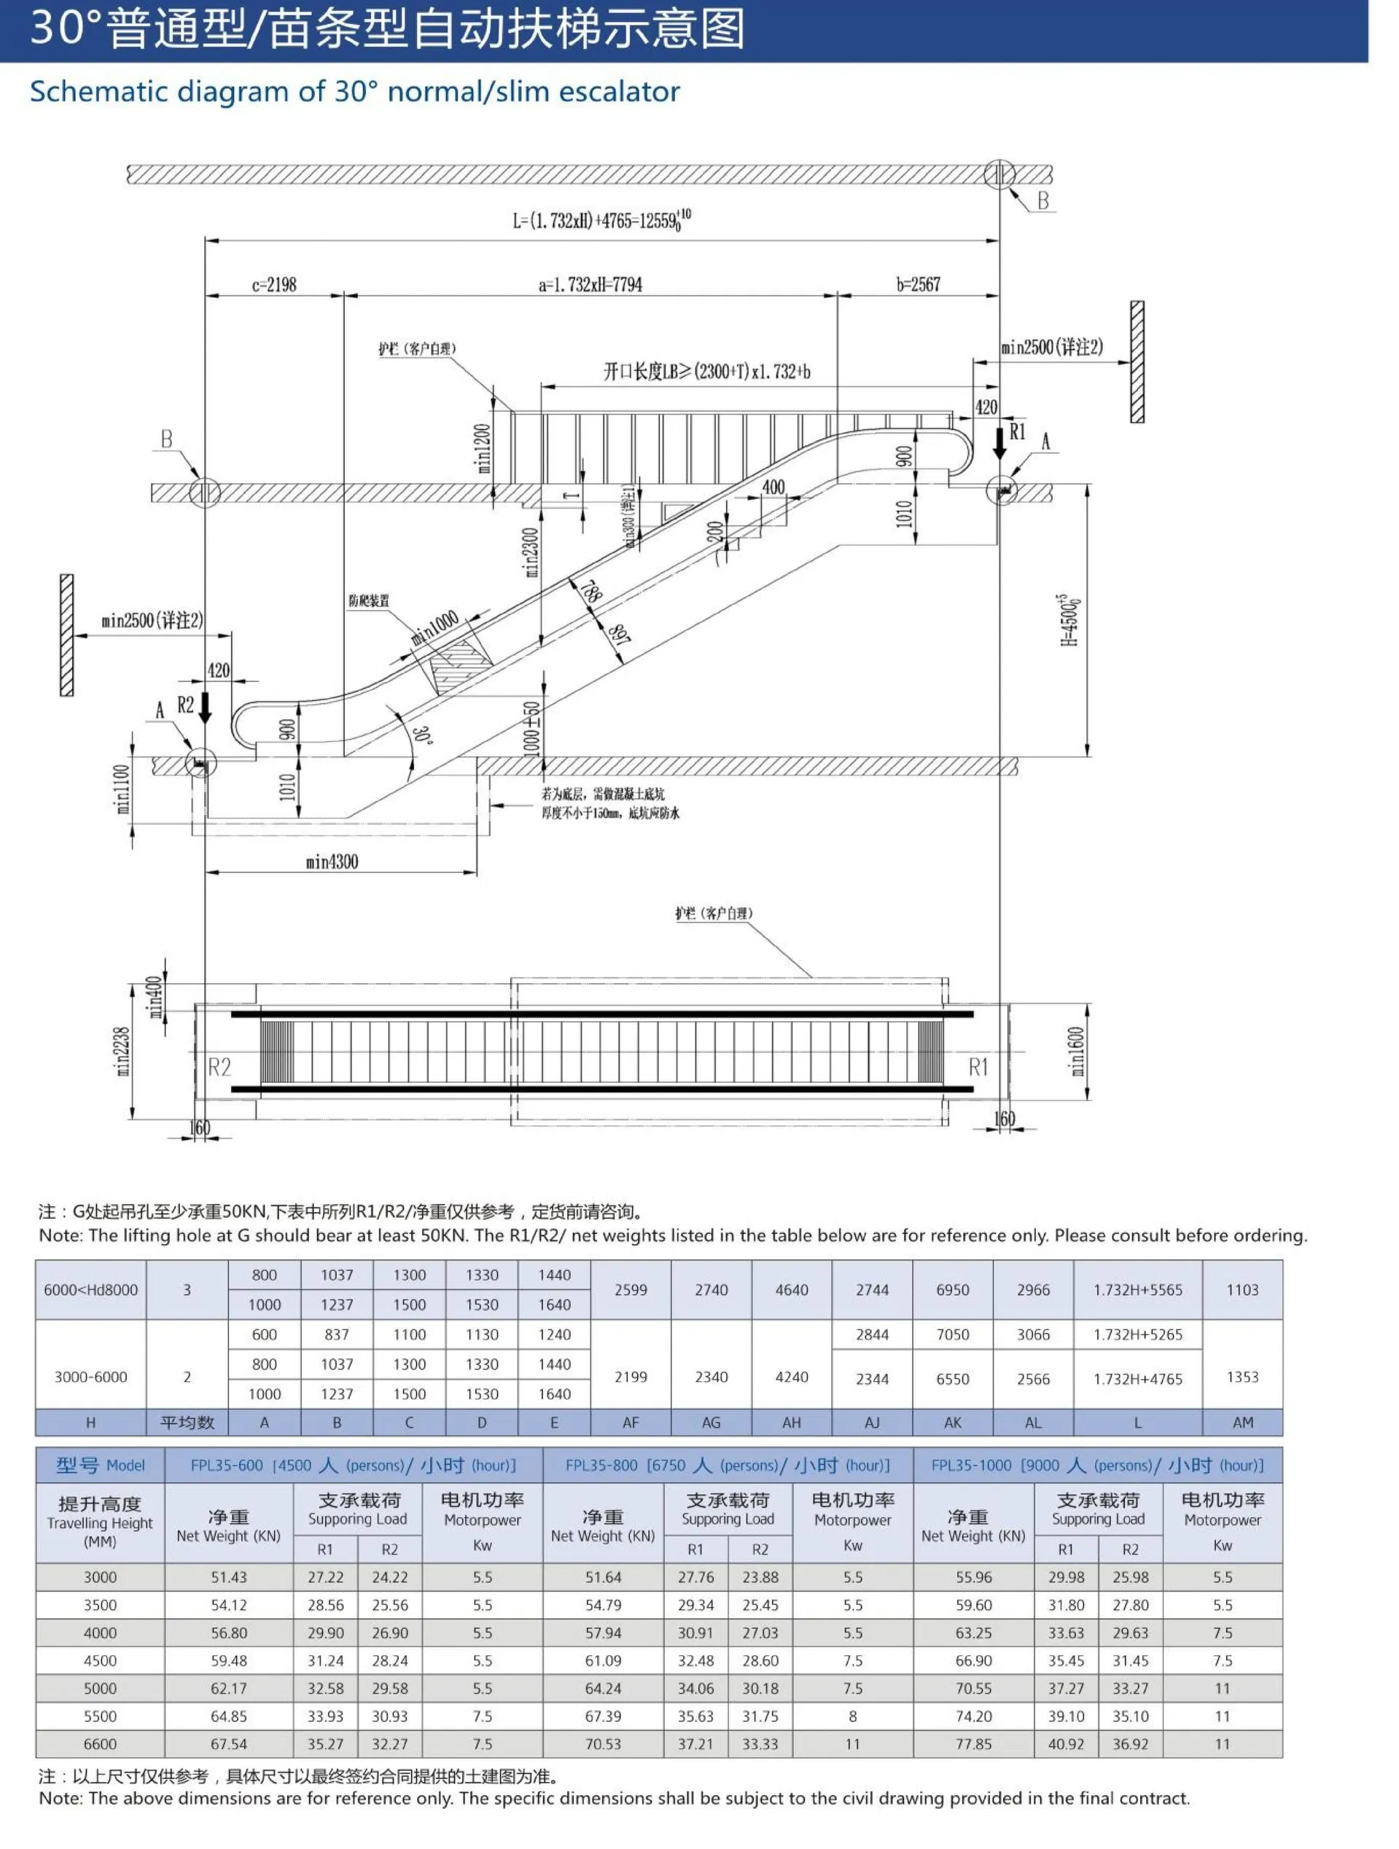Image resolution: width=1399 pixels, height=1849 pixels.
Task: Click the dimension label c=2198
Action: (274, 284)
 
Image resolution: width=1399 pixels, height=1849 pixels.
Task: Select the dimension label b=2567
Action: (918, 284)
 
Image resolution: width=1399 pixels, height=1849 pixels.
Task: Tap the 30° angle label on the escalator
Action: (422, 735)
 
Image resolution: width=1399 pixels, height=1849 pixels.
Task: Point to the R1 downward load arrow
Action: (999, 443)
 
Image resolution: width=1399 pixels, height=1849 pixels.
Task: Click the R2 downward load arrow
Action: (205, 708)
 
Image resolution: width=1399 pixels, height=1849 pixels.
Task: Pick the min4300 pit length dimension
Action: (332, 861)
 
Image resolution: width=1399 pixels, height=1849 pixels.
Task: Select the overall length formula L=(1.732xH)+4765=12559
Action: (601, 221)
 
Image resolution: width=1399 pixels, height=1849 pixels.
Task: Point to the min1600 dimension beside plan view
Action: (1077, 1051)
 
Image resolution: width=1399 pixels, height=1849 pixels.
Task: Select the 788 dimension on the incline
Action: (590, 592)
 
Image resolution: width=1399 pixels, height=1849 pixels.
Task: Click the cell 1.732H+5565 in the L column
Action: (1137, 1290)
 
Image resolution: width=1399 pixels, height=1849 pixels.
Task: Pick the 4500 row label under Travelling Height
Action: (99, 1661)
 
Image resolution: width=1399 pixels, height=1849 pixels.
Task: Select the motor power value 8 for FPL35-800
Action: (852, 1716)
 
